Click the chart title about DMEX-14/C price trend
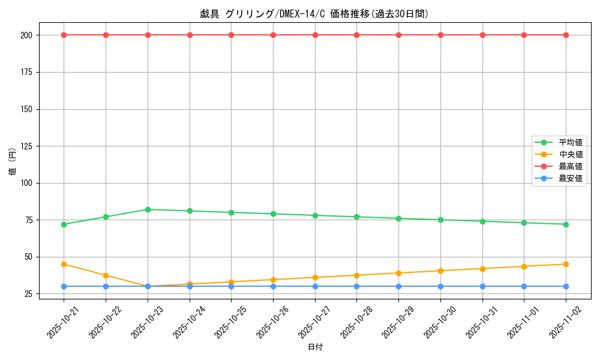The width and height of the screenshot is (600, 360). point(314,14)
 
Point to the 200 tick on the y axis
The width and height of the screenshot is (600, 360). point(28,35)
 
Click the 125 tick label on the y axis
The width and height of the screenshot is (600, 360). point(28,146)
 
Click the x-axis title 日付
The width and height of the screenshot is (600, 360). point(315,347)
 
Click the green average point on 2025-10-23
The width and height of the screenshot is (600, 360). point(148,209)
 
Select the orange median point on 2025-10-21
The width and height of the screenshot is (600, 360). point(64,264)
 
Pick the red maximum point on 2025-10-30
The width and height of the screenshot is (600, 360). point(440,35)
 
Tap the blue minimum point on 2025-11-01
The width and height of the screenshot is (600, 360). point(524,286)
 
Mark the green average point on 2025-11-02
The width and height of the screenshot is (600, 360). point(566,224)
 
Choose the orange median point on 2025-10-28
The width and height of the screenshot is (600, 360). point(356,275)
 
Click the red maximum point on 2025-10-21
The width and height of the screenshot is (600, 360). point(64,35)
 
